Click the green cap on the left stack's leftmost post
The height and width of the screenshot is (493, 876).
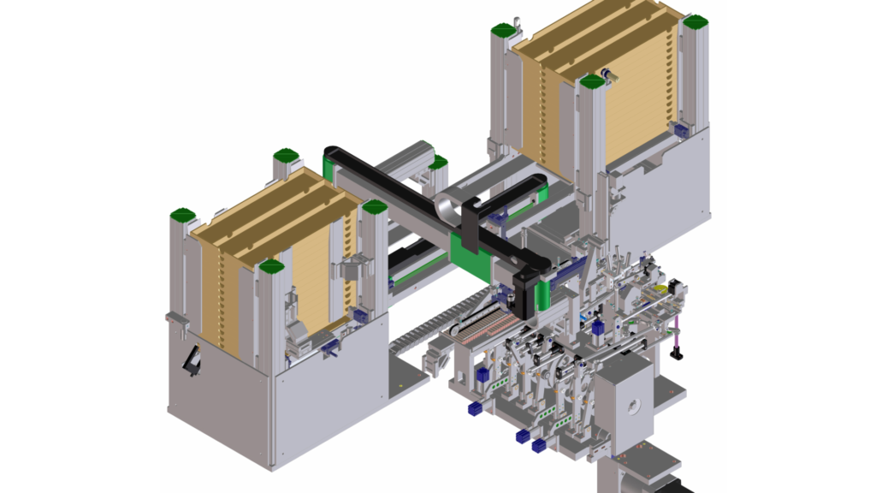click(x=182, y=214)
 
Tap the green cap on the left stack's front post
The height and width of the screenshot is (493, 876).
click(x=271, y=267)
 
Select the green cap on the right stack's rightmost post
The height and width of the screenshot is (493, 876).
click(x=695, y=21)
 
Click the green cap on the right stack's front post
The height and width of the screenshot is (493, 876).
click(x=591, y=82)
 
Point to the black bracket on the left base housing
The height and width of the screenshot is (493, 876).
click(x=194, y=359)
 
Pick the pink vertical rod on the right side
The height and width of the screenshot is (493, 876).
click(x=675, y=333)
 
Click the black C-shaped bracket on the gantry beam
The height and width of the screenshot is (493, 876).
click(x=474, y=219)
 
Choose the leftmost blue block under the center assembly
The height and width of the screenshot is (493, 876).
click(x=474, y=408)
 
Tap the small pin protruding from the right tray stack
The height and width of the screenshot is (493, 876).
click(x=607, y=75)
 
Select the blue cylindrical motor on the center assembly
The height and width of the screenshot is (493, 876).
click(x=598, y=326)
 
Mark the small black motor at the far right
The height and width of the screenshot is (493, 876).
click(x=676, y=288)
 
